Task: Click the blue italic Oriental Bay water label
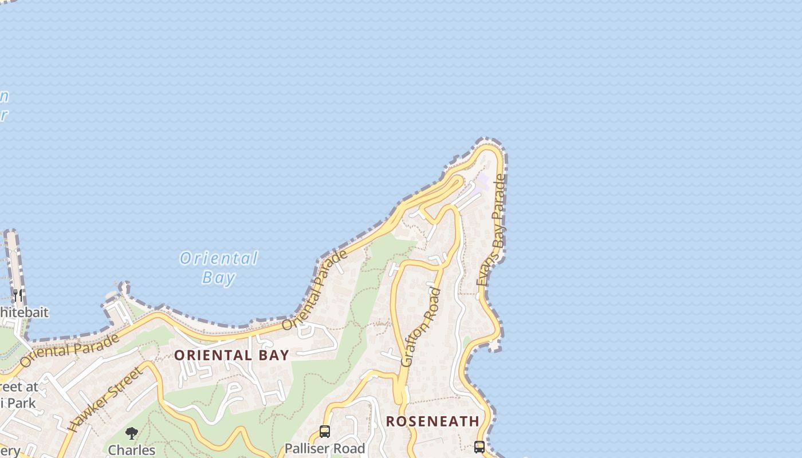[x=219, y=267]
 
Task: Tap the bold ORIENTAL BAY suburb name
[x=231, y=355]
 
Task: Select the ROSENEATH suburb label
[x=433, y=421]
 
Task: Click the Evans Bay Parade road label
[x=492, y=231]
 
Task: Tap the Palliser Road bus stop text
[x=325, y=448]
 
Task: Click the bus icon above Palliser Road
[x=325, y=431]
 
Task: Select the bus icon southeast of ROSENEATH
[x=479, y=447]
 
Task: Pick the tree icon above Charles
[x=132, y=433]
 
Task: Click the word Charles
[x=132, y=450]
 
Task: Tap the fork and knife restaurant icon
[x=18, y=295]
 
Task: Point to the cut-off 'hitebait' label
[x=24, y=313]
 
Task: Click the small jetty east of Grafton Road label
[x=494, y=345]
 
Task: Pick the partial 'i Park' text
[x=18, y=403]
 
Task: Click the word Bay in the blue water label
[x=219, y=278]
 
